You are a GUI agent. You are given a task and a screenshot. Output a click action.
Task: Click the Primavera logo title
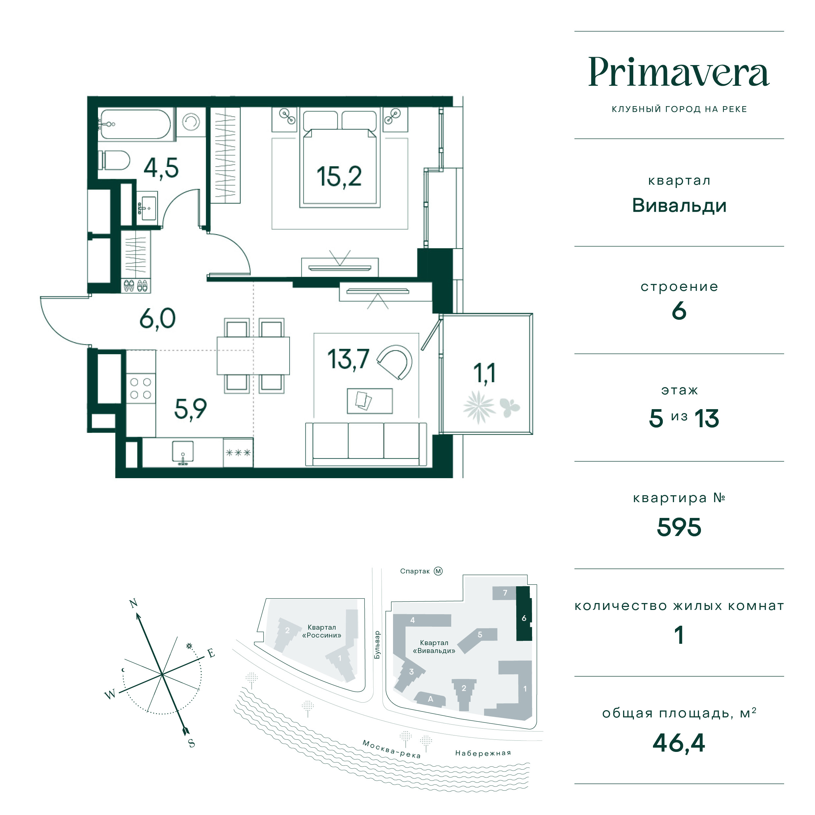[679, 72]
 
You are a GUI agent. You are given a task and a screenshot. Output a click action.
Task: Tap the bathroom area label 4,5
[161, 168]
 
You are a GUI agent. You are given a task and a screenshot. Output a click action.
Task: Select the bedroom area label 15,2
[339, 177]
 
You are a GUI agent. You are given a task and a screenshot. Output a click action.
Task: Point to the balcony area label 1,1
[484, 373]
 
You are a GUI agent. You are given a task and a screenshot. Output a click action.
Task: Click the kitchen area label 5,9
[190, 409]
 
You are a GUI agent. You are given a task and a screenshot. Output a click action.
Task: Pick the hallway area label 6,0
[157, 318]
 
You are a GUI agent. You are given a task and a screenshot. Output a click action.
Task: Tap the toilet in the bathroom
[114, 160]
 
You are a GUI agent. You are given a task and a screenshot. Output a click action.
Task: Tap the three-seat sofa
[366, 444]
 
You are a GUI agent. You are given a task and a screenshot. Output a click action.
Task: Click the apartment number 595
[679, 527]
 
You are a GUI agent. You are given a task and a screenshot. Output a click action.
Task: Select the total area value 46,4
[679, 743]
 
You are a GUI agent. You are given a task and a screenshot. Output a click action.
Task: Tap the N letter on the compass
[134, 603]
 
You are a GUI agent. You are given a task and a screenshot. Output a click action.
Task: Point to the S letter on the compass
[192, 744]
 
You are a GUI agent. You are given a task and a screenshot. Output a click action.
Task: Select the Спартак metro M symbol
[438, 571]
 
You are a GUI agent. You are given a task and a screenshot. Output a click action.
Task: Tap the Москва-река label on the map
[391, 749]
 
